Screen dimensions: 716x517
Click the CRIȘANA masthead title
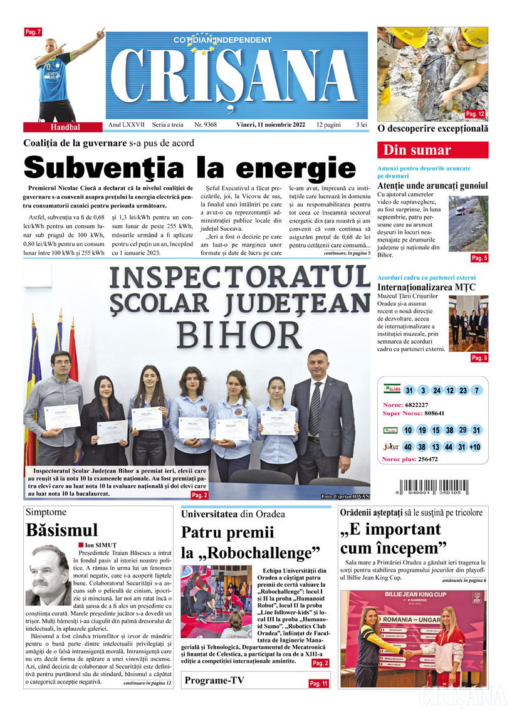[237, 79]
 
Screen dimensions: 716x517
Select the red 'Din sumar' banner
[432, 150]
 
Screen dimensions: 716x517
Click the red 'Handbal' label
[65, 127]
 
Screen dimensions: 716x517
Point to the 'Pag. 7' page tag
[33, 31]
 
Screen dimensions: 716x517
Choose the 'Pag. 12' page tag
[475, 114]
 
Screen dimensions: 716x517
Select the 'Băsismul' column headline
[62, 530]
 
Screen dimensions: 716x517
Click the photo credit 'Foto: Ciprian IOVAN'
[346, 497]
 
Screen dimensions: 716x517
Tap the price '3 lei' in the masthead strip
[361, 125]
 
